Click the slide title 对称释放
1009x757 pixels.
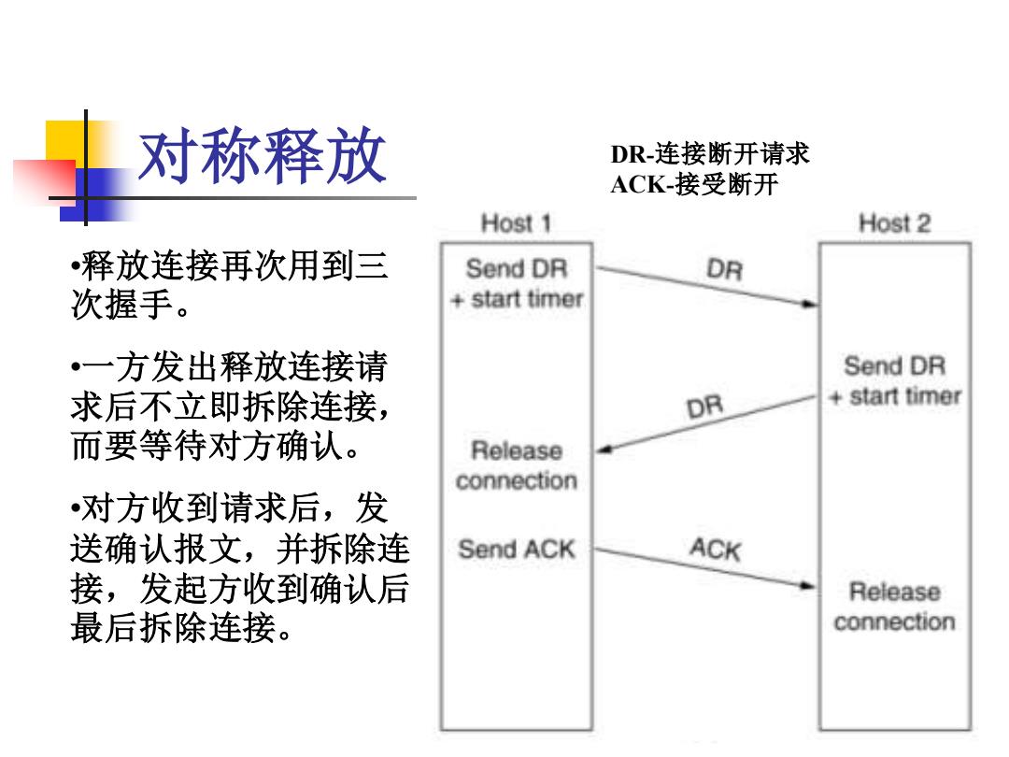pyautogui.click(x=263, y=156)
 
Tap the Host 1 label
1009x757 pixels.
pyautogui.click(x=516, y=223)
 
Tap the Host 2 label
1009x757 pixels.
pyautogui.click(x=894, y=223)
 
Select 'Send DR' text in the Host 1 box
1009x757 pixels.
pyautogui.click(x=516, y=268)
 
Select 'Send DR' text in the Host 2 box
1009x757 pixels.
pyautogui.click(x=894, y=365)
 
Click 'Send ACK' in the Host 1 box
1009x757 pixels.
pyautogui.click(x=516, y=550)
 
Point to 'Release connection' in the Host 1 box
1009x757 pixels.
pyautogui.click(x=516, y=465)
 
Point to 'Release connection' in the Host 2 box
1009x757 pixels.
pyautogui.click(x=894, y=607)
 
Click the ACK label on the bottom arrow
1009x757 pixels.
pyautogui.click(x=716, y=550)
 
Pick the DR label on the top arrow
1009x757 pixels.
pyautogui.click(x=725, y=269)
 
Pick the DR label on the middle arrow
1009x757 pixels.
pyautogui.click(x=705, y=407)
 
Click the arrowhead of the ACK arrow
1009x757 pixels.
pyautogui.click(x=807, y=585)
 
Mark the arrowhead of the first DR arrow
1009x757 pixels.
pyautogui.click(x=809, y=303)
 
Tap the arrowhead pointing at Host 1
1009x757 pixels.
pyautogui.click(x=604, y=450)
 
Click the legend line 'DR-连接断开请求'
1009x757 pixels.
pyautogui.click(x=710, y=154)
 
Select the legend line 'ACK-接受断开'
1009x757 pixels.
pyautogui.click(x=694, y=185)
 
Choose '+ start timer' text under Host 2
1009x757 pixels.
pyautogui.click(x=895, y=396)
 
